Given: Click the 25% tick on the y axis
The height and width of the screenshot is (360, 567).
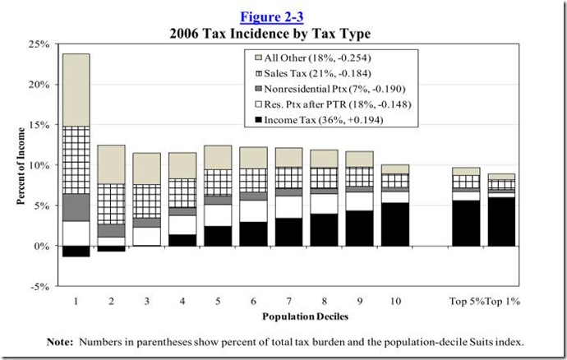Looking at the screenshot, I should pos(39,44).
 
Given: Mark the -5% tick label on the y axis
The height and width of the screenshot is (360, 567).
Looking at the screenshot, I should pos(39,287).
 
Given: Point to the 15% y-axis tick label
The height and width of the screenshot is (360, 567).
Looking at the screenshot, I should pos(39,125).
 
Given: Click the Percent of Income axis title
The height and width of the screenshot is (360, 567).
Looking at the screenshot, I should pos(20,164).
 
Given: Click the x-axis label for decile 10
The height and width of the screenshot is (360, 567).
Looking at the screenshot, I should pos(396,300).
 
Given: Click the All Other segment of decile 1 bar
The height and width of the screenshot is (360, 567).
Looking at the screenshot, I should pos(76,90).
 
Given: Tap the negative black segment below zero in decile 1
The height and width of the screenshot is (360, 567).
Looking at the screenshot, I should pos(76,252).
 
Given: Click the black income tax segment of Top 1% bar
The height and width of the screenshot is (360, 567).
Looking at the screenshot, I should pos(503,222).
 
